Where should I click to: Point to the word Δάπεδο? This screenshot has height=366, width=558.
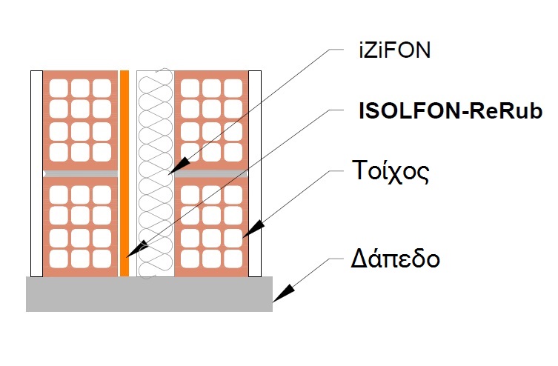(396, 260)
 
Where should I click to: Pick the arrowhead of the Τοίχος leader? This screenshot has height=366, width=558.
(246, 235)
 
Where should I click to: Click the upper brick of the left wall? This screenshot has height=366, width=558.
(80, 119)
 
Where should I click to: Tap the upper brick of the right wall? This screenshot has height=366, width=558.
(211, 119)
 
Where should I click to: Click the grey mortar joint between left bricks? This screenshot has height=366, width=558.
(80, 173)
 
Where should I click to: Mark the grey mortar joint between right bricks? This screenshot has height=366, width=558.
(211, 173)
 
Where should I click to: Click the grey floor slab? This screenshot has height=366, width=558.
(148, 294)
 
